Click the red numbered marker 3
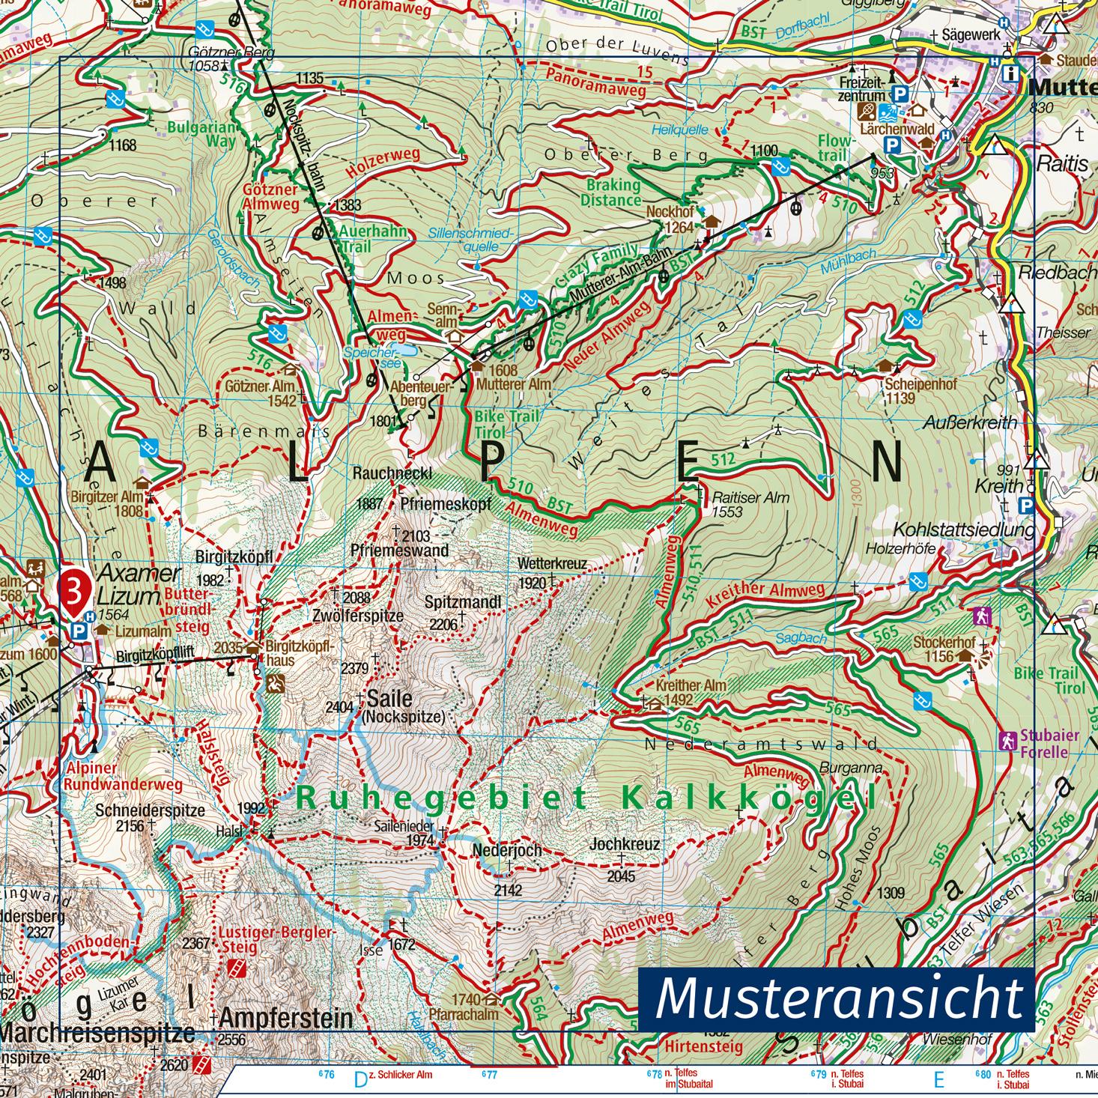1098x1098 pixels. (75, 586)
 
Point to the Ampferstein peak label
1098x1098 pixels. (286, 1018)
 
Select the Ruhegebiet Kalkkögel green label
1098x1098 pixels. (585, 798)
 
